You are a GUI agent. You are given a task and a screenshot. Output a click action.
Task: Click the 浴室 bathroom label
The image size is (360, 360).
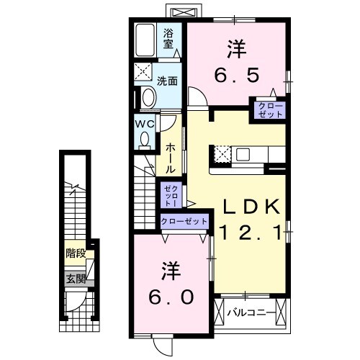[168, 37]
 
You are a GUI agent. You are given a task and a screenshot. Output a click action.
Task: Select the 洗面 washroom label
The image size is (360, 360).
[168, 81]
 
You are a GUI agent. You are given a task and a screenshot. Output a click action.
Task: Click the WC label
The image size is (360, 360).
[144, 123]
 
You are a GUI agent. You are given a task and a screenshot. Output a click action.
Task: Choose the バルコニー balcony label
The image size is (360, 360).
[249, 313]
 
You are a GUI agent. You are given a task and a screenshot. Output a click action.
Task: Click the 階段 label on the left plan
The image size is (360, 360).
[75, 253]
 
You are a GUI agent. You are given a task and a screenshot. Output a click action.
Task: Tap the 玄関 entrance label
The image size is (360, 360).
[75, 279]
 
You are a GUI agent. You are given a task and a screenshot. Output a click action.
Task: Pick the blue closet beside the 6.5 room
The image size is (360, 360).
[266, 110]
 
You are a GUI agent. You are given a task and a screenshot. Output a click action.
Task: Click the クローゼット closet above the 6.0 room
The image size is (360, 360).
[184, 221]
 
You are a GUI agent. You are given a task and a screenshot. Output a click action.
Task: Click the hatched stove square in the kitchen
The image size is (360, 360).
[222, 154]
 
